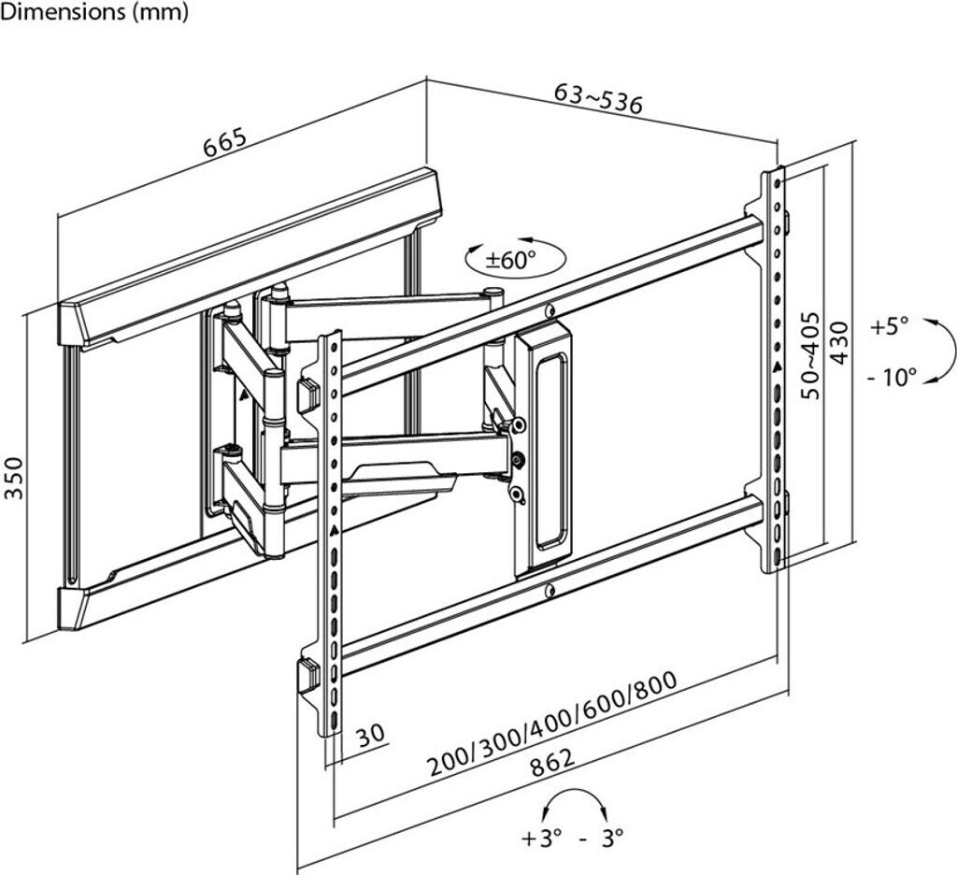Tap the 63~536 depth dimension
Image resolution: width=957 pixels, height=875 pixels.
click(x=598, y=98)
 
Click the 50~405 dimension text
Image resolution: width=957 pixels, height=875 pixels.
click(x=810, y=356)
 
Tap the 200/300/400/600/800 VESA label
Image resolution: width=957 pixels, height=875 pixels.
click(x=552, y=724)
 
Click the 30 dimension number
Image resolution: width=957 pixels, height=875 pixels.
click(x=371, y=735)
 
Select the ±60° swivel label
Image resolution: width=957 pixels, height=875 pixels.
click(x=511, y=259)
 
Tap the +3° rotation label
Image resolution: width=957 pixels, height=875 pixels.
click(x=543, y=837)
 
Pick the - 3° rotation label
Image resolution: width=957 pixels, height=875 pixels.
click(x=601, y=837)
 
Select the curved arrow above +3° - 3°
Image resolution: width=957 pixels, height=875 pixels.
click(x=574, y=802)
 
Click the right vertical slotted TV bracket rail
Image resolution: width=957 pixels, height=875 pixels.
click(x=775, y=369)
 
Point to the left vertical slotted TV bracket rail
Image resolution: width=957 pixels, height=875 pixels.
click(x=332, y=533)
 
